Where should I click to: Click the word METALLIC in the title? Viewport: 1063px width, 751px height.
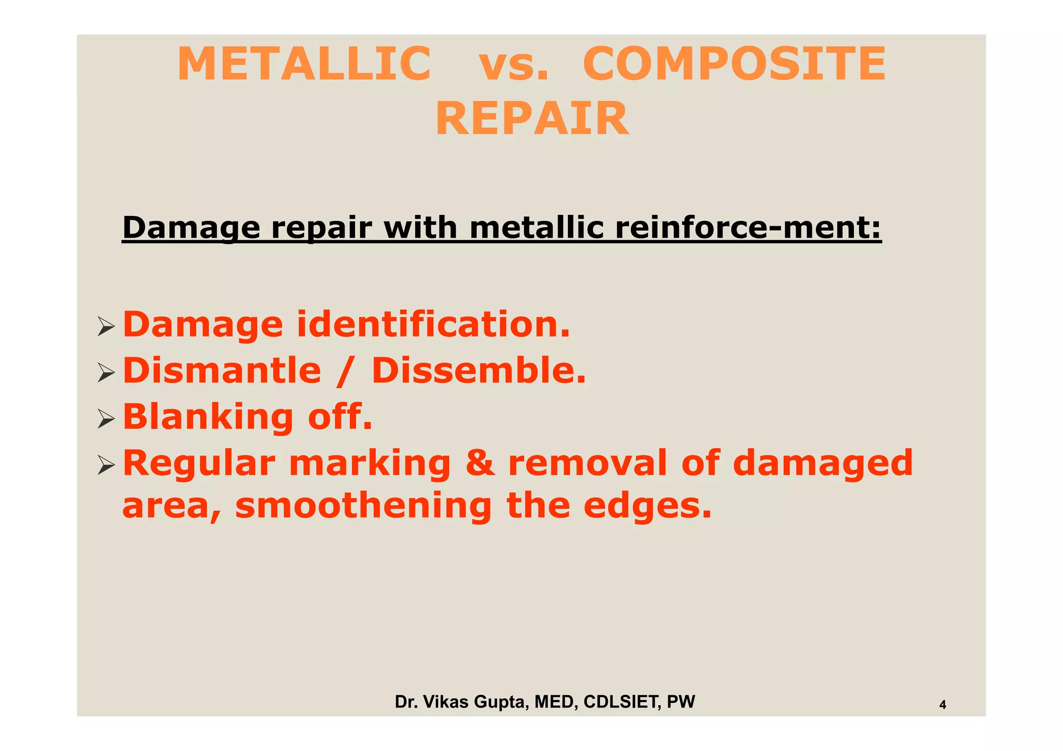pyautogui.click(x=304, y=64)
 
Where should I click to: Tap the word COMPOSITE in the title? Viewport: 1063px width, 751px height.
pyautogui.click(x=734, y=64)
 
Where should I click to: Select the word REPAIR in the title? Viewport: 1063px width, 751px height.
pyautogui.click(x=532, y=119)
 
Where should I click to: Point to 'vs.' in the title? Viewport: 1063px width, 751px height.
pyautogui.click(x=513, y=64)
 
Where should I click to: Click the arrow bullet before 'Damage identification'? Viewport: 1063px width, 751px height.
pyautogui.click(x=106, y=327)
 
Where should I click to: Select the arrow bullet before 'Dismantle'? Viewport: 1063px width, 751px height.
pyautogui.click(x=106, y=373)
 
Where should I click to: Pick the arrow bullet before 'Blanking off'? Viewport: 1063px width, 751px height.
pyautogui.click(x=106, y=419)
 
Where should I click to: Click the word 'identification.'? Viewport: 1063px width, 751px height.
pyautogui.click(x=433, y=324)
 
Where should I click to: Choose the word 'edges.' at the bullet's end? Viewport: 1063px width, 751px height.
pyautogui.click(x=647, y=506)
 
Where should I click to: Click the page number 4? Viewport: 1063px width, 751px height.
pyautogui.click(x=943, y=705)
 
